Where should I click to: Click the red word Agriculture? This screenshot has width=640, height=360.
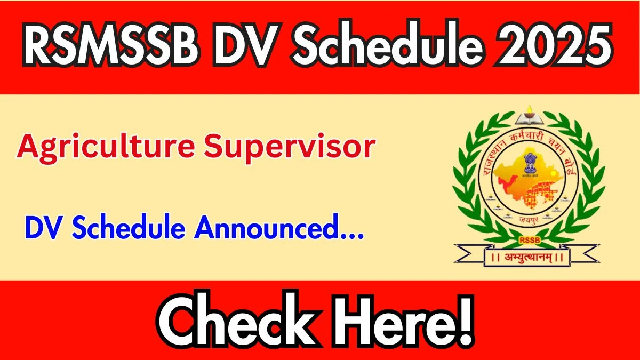coord(106,148)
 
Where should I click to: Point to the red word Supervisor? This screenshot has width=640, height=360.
coord(290,149)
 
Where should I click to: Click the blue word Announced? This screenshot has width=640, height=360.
coord(266,227)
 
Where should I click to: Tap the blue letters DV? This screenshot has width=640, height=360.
coord(42,227)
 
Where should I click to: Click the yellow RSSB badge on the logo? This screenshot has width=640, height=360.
coord(530,241)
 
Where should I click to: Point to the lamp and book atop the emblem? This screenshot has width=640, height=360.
coord(530,116)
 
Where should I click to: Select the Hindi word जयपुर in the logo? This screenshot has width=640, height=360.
coord(529,219)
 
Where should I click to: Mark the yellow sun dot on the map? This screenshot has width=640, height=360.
coord(554,173)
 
